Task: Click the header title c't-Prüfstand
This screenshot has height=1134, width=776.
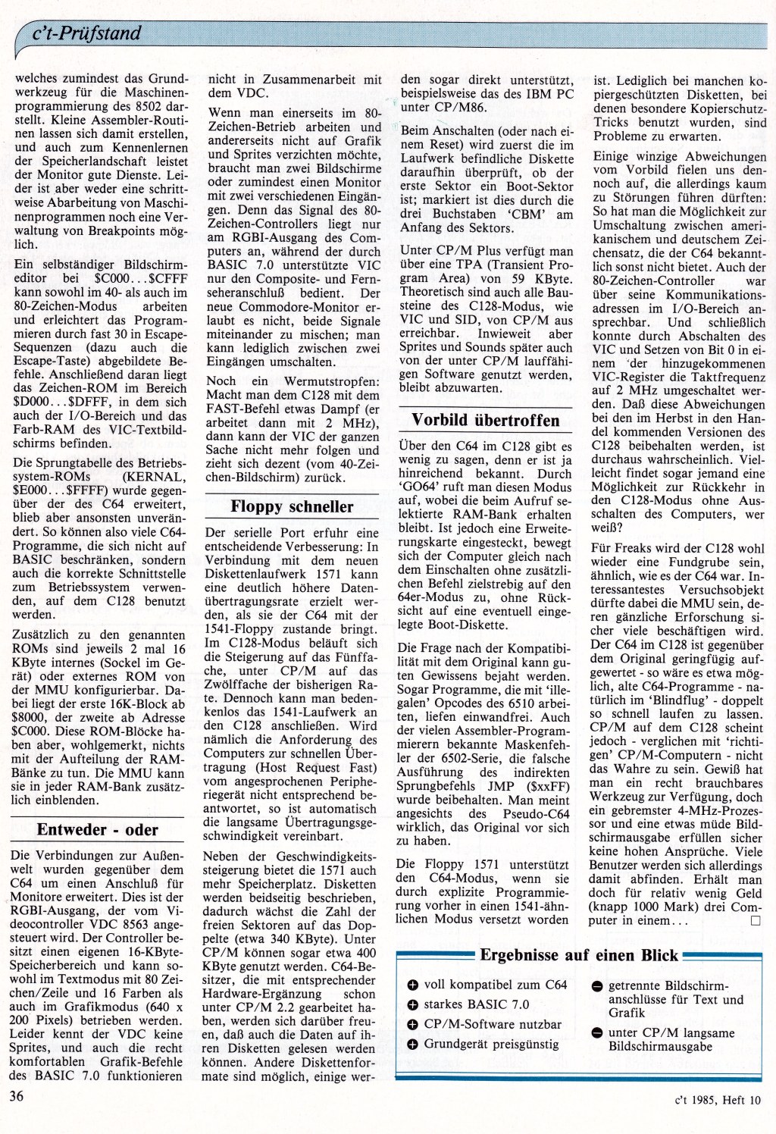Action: coord(87,33)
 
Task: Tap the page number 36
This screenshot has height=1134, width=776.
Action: coord(17,1095)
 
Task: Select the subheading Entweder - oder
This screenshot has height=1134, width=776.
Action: coord(98,829)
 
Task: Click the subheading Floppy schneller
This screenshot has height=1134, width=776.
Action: coord(292,506)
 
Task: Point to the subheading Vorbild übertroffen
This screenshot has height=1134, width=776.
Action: coord(486,420)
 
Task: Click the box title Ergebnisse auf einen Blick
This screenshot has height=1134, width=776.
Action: coord(579,955)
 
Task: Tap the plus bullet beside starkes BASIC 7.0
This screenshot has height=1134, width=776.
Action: coord(413,1005)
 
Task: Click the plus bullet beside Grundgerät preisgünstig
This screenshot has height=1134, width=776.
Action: coord(413,1045)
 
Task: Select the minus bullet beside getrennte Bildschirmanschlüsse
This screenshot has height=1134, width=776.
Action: coord(597,986)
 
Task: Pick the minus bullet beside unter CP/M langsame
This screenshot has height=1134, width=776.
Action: coord(597,1033)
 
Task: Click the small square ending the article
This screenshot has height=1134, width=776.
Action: coord(754,921)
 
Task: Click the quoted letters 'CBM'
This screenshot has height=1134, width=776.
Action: coord(528,215)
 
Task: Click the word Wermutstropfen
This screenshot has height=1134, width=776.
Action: coord(328,381)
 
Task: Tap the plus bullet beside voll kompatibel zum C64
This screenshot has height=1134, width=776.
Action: coord(413,985)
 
